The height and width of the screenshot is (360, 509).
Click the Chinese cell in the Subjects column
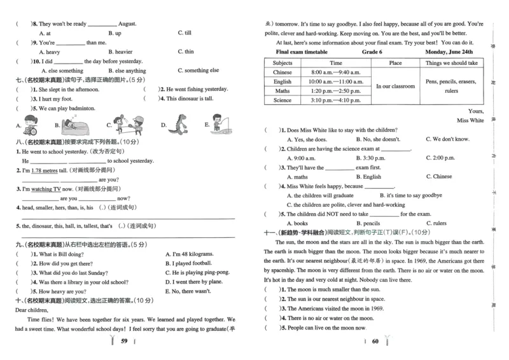tap(282, 73)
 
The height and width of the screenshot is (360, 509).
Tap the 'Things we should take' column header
tap(451, 63)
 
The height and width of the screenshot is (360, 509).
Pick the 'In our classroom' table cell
tap(395, 86)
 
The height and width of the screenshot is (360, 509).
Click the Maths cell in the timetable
tap(282, 91)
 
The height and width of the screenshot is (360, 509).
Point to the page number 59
tap(125, 341)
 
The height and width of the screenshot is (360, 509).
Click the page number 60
tap(375, 341)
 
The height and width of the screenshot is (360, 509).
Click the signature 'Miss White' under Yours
tap(470, 120)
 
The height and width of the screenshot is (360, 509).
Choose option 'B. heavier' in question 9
tap(120, 52)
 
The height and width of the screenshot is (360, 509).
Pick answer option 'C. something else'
tap(199, 71)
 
